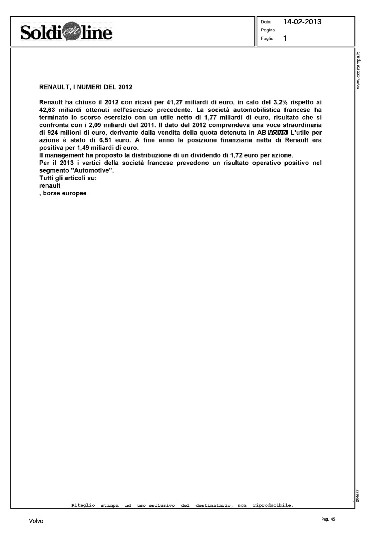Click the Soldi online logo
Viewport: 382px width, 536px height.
(66, 33)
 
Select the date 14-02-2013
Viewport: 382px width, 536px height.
(302, 22)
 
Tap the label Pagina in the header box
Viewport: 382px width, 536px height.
(268, 30)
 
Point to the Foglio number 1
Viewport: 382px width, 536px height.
(285, 38)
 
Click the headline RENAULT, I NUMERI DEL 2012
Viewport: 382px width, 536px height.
(86, 87)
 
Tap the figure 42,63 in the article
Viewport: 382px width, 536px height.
(47, 110)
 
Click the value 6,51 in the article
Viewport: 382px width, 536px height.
(106, 140)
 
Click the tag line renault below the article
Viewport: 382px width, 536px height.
(50, 186)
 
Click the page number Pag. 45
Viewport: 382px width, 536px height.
(328, 520)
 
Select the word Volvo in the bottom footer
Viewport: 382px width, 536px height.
(36, 521)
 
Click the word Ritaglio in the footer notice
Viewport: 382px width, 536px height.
(83, 505)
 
